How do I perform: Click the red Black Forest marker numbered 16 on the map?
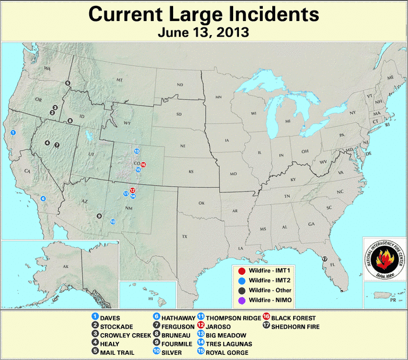(143, 165)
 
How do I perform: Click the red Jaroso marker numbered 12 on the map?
(133, 190)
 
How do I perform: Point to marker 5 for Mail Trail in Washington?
(68, 83)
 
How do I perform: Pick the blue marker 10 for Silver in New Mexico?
(112, 222)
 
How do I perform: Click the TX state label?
(185, 236)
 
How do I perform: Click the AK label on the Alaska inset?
(65, 265)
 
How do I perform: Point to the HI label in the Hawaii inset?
(150, 298)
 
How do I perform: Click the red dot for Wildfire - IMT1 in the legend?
(241, 271)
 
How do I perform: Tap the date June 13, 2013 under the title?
(203, 32)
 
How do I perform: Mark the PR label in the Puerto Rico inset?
(393, 299)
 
